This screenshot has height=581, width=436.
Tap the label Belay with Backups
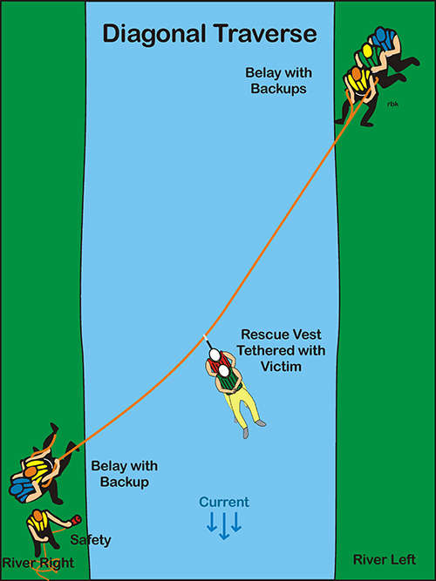pos(279,81)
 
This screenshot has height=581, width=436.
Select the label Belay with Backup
pos(125,474)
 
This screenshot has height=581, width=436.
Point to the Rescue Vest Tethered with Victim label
pos(281,350)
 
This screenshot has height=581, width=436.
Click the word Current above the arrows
pos(224,503)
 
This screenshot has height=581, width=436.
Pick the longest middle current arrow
pos(224,525)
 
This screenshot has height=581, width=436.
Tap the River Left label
pos(385,559)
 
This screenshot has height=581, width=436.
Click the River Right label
pos(38,564)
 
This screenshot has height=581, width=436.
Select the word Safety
pos(91,540)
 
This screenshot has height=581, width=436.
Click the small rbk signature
pos(392,105)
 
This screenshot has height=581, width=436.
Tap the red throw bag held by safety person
pos(76,519)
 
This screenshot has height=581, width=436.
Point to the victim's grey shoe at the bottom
pos(245,433)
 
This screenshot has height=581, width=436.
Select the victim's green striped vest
pos(229,380)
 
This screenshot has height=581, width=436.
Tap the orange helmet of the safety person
pos(37,515)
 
